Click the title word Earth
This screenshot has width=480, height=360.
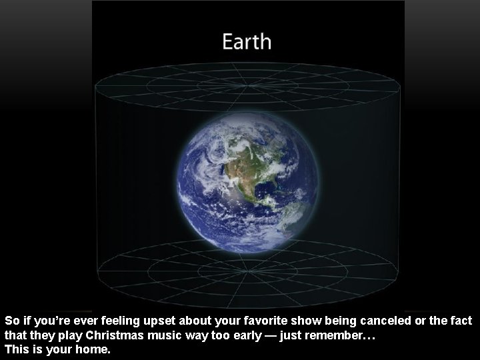click(247, 42)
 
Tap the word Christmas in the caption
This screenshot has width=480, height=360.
click(114, 335)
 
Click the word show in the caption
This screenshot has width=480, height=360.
click(301, 321)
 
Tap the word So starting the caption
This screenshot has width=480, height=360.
click(12, 321)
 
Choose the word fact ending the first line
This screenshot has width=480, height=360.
click(461, 321)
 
